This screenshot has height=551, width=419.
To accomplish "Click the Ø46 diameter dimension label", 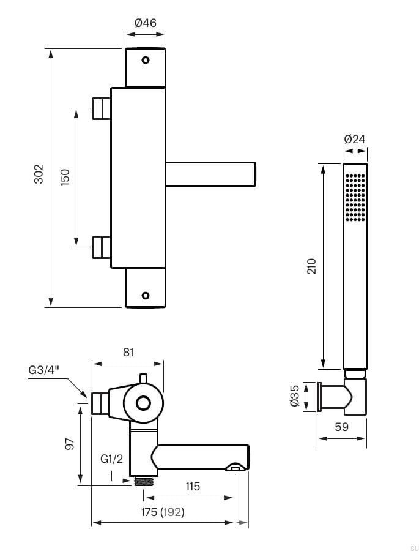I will (145, 23).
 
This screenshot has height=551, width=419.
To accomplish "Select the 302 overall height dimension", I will (38, 175).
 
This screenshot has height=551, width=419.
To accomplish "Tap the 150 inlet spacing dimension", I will (65, 177).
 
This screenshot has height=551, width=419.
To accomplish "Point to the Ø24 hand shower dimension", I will (355, 140).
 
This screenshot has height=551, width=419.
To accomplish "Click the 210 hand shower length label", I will (311, 266).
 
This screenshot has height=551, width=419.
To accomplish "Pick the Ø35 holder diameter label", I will (294, 397).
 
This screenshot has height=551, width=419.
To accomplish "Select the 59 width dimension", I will (341, 427).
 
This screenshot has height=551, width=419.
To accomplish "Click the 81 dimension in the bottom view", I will (128, 352).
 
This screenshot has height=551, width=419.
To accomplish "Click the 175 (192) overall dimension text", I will (162, 511).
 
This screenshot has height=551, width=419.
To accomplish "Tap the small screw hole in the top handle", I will (146, 60).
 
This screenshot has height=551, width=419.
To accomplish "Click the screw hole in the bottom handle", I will (146, 295).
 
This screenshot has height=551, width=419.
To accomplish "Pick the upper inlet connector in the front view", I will (101, 108).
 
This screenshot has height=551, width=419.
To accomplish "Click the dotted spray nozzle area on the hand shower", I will (355, 197).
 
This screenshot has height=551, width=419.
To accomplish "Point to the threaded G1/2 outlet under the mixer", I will (143, 481).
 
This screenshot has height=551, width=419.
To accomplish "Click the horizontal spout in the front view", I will (210, 174).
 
